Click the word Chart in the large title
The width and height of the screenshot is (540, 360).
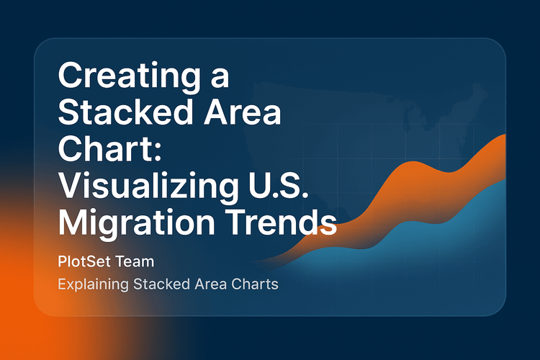(x=95, y=152)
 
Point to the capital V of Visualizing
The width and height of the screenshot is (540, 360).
(x=69, y=187)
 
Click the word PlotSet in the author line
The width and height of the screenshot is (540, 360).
(x=86, y=258)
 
